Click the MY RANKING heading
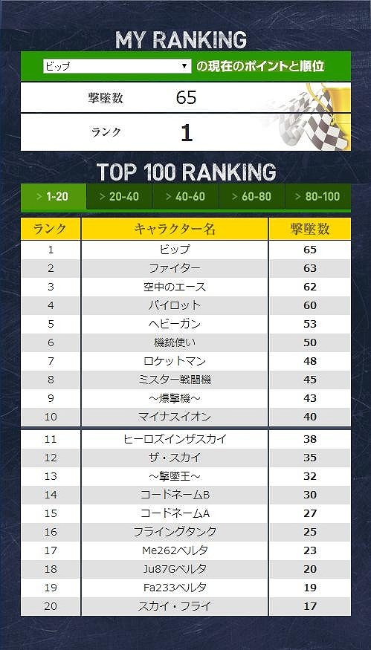point(181,40)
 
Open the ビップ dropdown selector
point(117,67)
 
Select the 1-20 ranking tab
point(53,196)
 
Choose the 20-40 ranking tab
point(119,196)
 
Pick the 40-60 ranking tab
point(185,196)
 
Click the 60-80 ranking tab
point(251,196)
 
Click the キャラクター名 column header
point(175,229)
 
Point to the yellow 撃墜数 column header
point(309,229)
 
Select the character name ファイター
point(175,268)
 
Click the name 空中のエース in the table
point(175,287)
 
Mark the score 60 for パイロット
point(309,305)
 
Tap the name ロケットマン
point(175,361)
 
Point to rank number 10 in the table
point(51,417)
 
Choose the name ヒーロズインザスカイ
point(175,439)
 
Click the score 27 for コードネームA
point(309,513)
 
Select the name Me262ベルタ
point(175,550)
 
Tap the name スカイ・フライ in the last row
point(175,606)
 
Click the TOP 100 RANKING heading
point(186,172)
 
